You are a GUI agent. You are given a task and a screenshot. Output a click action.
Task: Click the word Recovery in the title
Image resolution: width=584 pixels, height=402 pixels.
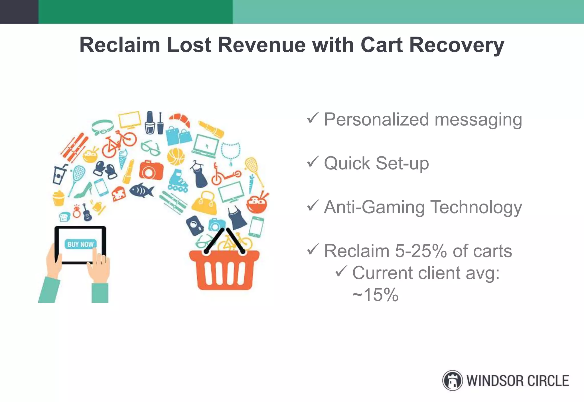pos(457,45)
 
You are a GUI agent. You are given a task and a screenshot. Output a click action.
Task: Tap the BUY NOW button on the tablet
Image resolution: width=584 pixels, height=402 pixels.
pos(80,244)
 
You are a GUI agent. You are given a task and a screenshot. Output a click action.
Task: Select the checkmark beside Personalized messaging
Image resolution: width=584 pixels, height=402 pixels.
pos(313,118)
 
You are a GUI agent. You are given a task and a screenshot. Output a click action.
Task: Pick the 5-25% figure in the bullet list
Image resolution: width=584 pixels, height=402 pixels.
pos(421,251)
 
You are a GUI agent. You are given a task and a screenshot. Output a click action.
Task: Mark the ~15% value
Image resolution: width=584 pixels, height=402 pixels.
pos(375,295)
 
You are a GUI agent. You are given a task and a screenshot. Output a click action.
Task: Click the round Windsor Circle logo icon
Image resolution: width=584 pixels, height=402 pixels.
pos(452,381)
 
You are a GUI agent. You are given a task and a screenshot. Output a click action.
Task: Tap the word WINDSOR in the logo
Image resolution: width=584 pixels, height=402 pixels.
pos(494,381)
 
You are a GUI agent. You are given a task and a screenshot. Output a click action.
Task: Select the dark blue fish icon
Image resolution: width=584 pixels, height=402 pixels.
pos(142,190)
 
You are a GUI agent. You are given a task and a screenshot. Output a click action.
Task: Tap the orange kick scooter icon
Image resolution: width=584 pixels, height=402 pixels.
pos(225,174)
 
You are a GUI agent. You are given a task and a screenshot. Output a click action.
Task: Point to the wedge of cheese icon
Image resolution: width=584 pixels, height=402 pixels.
pos(119,194)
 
